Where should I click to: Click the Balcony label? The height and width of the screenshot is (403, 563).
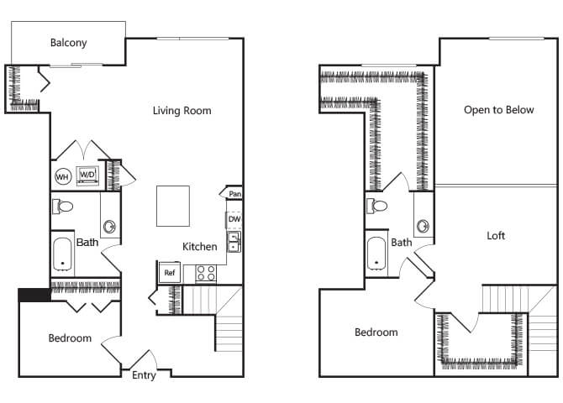69,43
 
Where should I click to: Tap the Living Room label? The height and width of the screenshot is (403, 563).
182,111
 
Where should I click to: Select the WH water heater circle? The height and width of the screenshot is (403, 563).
63,176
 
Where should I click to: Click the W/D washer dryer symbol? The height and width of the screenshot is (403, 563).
87,175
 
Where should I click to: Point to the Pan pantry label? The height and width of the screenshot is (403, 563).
234,194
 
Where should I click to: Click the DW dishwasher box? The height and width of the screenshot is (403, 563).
234,219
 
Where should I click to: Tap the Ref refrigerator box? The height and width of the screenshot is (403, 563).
170,273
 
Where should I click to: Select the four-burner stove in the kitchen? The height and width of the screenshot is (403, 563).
206,273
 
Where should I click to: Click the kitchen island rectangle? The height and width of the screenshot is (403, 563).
173,206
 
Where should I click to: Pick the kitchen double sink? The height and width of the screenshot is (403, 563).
234,243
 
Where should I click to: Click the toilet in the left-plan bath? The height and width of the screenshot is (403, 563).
62,207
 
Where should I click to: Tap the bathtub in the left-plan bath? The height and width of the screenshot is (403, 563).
62,254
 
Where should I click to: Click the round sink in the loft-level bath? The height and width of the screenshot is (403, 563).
423,226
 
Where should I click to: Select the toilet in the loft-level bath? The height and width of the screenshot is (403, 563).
376,206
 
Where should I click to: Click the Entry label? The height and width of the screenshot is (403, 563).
144,375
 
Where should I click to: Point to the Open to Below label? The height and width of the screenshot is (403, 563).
499,110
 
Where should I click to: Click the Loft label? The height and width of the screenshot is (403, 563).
496,236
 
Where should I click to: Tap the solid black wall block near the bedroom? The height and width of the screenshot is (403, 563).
34,295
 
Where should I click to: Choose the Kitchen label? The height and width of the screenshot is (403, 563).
200,247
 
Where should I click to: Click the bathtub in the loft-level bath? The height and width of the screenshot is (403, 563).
376,254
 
